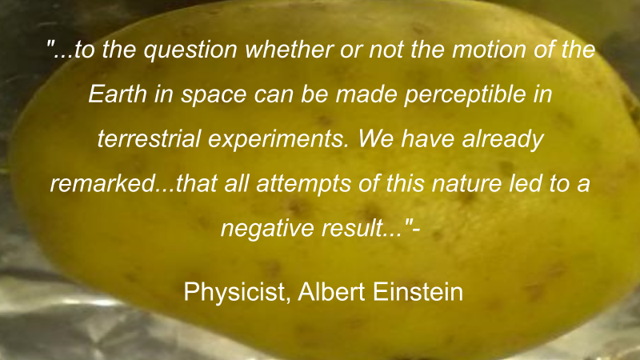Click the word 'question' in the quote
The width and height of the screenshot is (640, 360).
[x=190, y=50]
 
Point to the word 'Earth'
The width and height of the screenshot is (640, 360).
[x=118, y=94]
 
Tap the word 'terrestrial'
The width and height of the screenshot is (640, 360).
[x=149, y=138]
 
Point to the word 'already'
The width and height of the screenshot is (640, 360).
[x=502, y=139]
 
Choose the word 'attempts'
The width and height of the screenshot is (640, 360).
[x=304, y=185]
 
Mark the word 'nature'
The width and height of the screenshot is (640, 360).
[x=466, y=184]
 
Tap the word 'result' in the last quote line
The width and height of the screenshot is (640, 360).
[x=352, y=228]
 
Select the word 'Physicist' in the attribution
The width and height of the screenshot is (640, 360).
[x=234, y=292]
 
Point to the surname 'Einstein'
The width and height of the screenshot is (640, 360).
[x=418, y=291]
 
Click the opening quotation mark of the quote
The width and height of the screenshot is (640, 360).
[x=50, y=44]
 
